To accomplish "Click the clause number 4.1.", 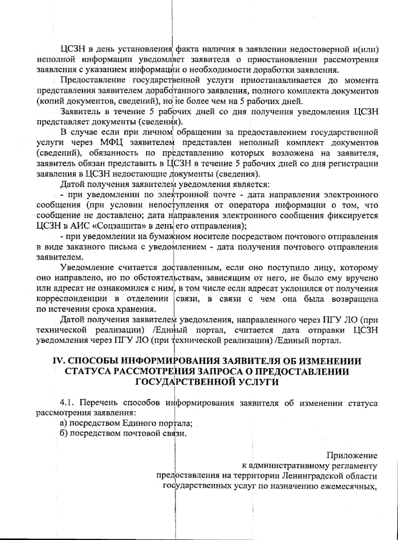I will click(67, 403).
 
